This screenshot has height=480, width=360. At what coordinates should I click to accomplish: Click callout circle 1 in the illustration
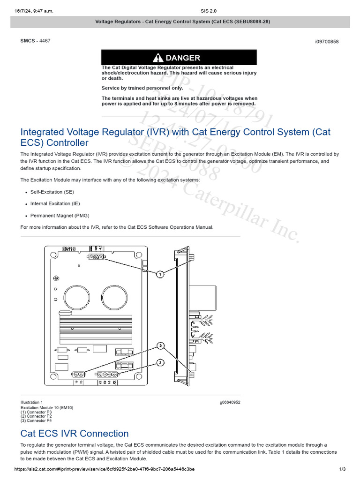[x=160, y=274]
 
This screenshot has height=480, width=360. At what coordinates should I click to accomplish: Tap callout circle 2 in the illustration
[x=160, y=346]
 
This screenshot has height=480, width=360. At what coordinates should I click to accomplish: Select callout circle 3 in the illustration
[x=160, y=362]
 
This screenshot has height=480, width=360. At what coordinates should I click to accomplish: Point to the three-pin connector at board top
[x=96, y=257]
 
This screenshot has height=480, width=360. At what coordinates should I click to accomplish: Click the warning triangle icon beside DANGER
[x=158, y=58]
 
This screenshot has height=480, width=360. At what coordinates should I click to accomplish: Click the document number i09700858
[x=327, y=42]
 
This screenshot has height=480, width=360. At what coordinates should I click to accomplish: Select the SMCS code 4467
[x=45, y=41]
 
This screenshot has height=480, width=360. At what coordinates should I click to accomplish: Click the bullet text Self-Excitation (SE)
[x=52, y=192]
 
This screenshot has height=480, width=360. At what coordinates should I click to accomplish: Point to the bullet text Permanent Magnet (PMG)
[x=60, y=216]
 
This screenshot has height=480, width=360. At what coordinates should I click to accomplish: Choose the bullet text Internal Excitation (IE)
[x=54, y=204]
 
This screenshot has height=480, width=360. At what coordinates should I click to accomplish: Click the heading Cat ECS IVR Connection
[x=75, y=433]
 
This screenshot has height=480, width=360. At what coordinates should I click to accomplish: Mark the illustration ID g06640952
[x=230, y=402]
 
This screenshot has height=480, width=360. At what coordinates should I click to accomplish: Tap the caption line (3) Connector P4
[x=36, y=420]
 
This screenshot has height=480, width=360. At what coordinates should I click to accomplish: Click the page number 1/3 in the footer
[x=342, y=469]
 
